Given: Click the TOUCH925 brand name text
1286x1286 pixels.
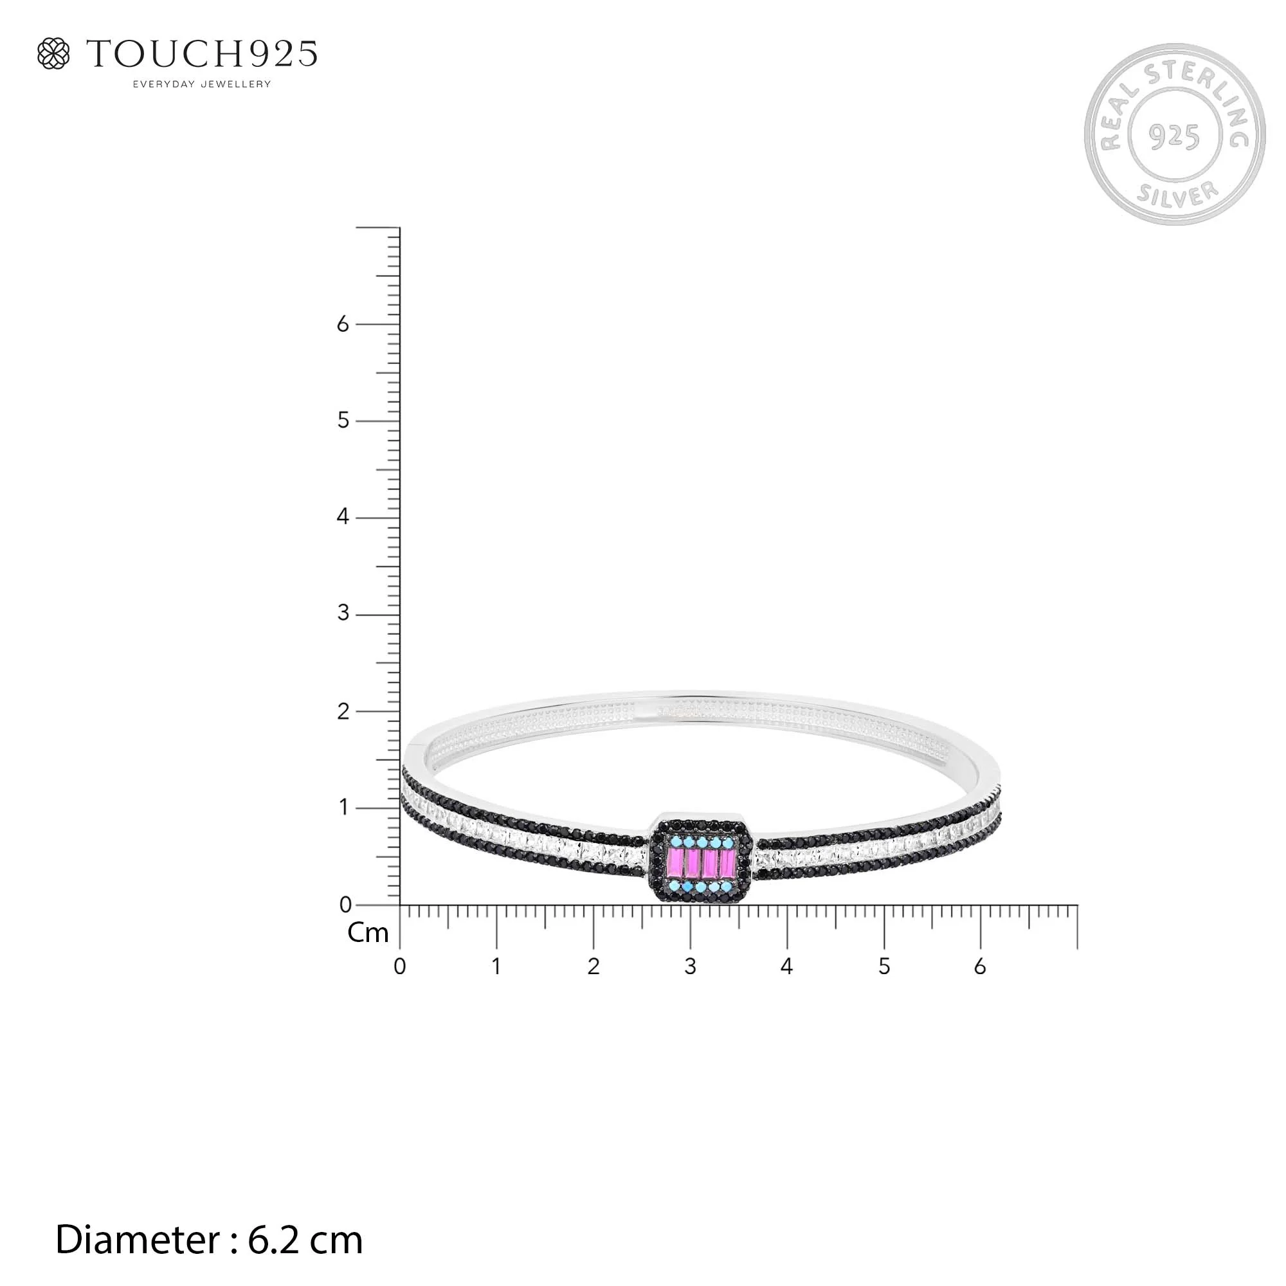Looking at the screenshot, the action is [x=203, y=54].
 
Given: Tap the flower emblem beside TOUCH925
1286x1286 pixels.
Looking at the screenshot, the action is [x=53, y=53].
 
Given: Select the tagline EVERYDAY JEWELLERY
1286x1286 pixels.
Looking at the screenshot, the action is [x=203, y=84].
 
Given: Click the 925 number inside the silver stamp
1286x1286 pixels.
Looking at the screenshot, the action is [x=1174, y=136].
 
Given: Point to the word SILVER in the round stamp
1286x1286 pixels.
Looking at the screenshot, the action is [x=1177, y=194].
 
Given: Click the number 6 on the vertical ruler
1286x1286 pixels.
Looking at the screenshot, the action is [x=343, y=324].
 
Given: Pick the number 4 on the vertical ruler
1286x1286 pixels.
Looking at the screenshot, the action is [x=343, y=516].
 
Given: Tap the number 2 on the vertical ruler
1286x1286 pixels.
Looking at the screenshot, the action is [x=343, y=712].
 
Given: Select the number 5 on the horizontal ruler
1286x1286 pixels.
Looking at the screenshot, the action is [x=884, y=966].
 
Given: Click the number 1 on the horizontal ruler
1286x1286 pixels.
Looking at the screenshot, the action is [x=496, y=966].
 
